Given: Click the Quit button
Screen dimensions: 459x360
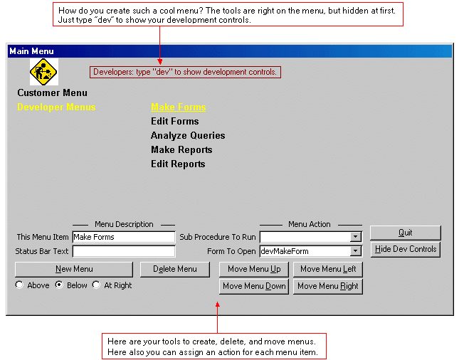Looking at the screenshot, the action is pyautogui.click(x=406, y=233).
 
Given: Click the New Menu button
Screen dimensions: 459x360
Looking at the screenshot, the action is pyautogui.click(x=74, y=269).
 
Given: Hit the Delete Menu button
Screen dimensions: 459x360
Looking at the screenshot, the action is pyautogui.click(x=175, y=269).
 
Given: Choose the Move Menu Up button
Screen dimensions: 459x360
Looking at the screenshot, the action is pyautogui.click(x=254, y=269).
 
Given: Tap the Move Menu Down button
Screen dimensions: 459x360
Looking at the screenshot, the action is pyautogui.click(x=254, y=286).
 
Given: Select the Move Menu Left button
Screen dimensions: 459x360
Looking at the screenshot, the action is pyautogui.click(x=328, y=269).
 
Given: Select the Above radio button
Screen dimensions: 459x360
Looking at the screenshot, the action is pyautogui.click(x=19, y=285).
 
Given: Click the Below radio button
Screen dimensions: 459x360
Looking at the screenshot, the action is pyautogui.click(x=59, y=285).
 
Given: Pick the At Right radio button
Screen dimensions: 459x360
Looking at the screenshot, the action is pyautogui.click(x=96, y=285).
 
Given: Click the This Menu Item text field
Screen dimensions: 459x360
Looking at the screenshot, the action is pyautogui.click(x=124, y=237).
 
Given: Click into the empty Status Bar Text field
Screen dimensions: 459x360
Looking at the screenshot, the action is pyautogui.click(x=124, y=251).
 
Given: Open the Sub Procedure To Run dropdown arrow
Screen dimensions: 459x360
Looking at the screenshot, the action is pyautogui.click(x=355, y=237).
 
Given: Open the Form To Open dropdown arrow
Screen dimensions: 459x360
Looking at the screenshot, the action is pyautogui.click(x=355, y=251).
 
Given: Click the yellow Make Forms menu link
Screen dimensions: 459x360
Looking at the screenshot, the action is pyautogui.click(x=179, y=107).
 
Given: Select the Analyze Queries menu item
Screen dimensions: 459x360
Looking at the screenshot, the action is pyautogui.click(x=188, y=135).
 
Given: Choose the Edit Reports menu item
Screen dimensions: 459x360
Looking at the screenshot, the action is pyautogui.click(x=178, y=164).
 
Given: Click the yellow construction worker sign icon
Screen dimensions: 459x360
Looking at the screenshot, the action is pyautogui.click(x=43, y=72).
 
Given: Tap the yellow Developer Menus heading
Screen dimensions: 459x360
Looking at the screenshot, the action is pyautogui.click(x=56, y=107).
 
